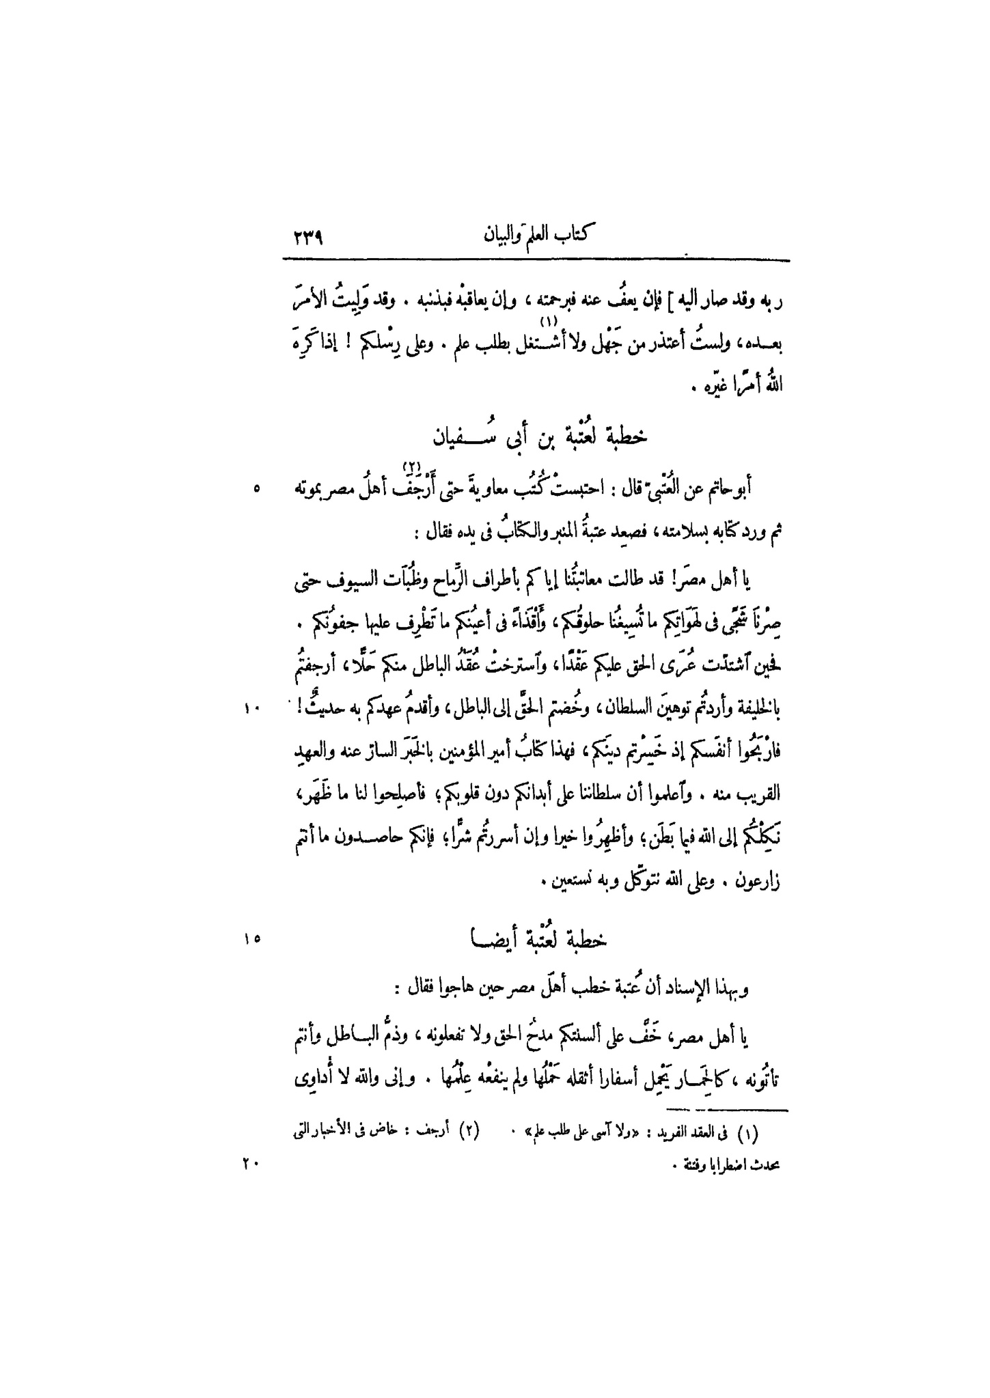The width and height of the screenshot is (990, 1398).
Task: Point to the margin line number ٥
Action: (256, 489)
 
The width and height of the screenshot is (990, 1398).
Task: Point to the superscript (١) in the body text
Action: (547, 320)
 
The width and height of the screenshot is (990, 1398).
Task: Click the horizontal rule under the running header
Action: (536, 260)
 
